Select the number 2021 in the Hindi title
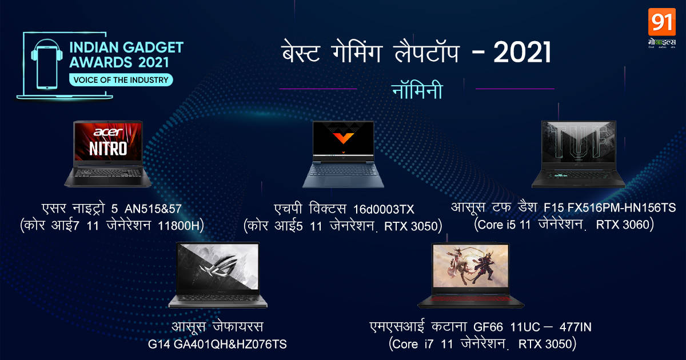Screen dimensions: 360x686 click(521, 54)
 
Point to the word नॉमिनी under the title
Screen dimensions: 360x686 click(418, 90)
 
